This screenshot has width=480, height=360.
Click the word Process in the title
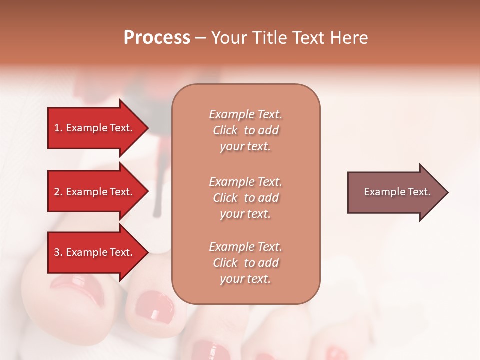click(157, 38)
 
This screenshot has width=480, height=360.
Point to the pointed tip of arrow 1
click(147, 128)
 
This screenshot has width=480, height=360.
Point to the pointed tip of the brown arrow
click(447, 192)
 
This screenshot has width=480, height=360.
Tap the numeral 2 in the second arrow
click(57, 192)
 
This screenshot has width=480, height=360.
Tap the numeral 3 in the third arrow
click(57, 252)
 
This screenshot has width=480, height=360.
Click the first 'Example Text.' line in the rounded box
click(245, 114)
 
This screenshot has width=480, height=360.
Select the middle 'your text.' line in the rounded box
click(245, 214)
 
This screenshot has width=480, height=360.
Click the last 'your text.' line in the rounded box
click(245, 279)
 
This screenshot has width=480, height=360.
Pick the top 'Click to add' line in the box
click(245, 130)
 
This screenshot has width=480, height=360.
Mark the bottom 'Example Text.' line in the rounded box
click(245, 247)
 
